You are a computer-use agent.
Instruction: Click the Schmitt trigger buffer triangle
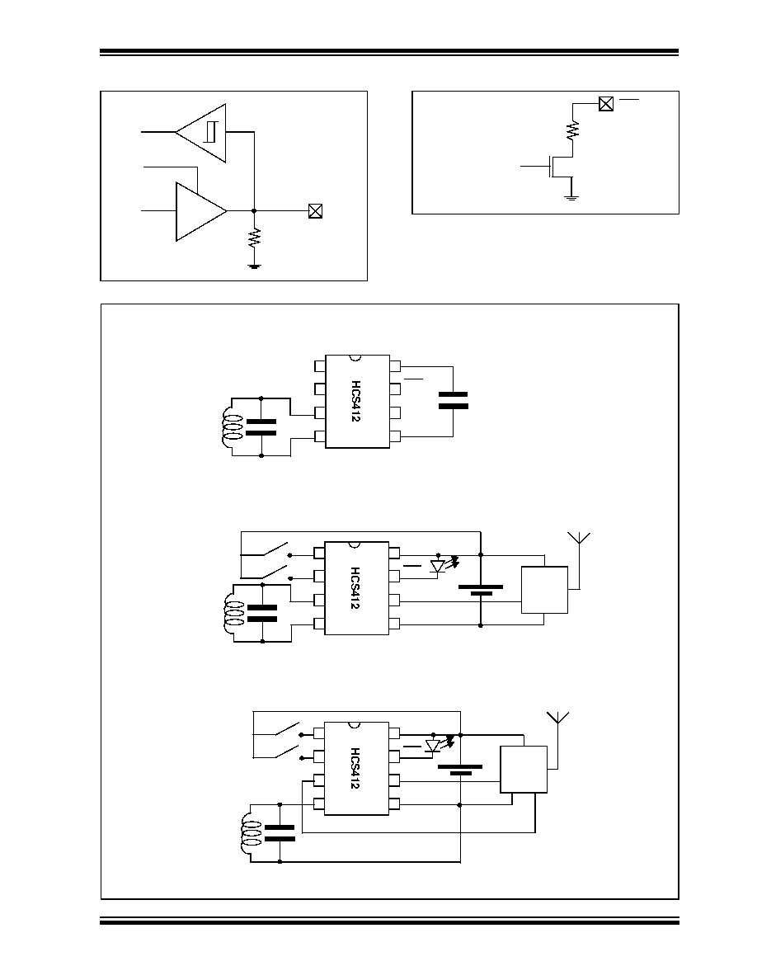tap(201, 133)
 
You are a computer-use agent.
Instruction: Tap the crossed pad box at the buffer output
tap(315, 211)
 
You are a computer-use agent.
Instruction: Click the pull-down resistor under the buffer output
tap(254, 238)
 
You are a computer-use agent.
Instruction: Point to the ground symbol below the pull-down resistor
tap(254, 266)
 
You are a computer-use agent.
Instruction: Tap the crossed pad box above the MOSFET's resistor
tap(605, 104)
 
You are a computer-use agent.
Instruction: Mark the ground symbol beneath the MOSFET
tap(571, 197)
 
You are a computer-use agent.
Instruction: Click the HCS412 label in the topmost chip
tap(355, 401)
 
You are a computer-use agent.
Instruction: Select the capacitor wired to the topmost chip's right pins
tap(454, 401)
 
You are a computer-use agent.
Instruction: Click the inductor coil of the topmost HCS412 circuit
tap(231, 426)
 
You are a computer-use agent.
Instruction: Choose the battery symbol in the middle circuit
tap(480, 590)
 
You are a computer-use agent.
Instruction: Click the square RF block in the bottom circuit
tap(524, 770)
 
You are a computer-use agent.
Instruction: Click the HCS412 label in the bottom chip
tap(355, 768)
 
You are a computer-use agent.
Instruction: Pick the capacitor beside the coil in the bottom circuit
tap(280, 832)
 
